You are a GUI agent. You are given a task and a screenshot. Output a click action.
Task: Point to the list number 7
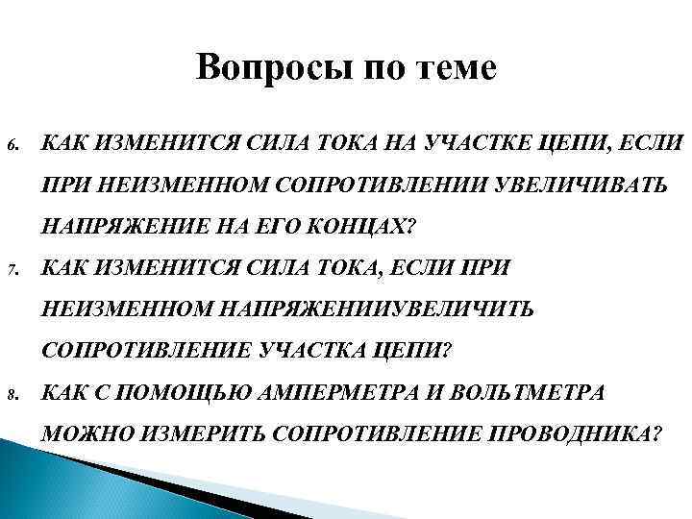tap(12, 271)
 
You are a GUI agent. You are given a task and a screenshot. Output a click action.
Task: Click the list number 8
tap(12, 394)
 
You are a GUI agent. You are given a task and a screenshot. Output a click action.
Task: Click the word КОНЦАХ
tap(361, 227)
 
